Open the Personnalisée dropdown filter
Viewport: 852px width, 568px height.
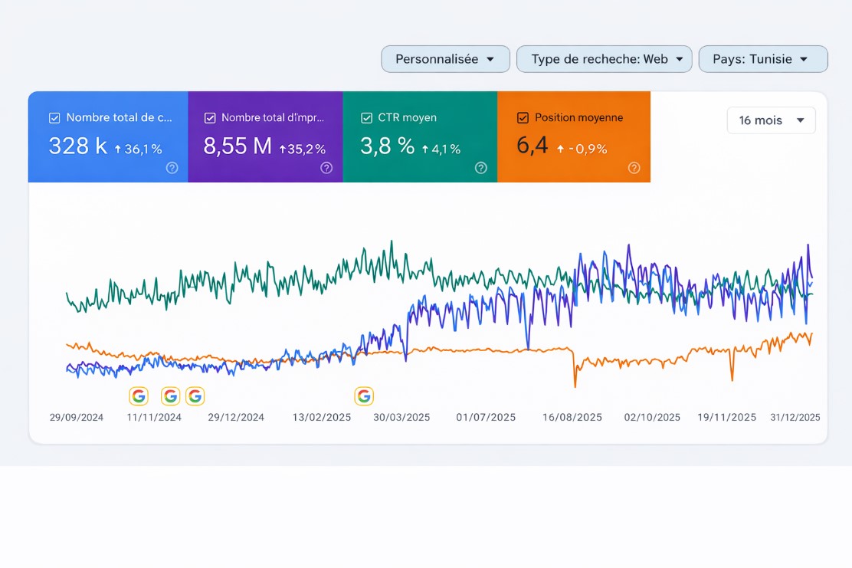pyautogui.click(x=445, y=59)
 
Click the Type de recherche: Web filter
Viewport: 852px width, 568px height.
pyautogui.click(x=604, y=59)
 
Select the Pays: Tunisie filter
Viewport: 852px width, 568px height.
pyautogui.click(x=762, y=59)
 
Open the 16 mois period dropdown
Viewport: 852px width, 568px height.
pyautogui.click(x=771, y=120)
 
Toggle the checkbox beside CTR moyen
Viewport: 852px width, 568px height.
pyautogui.click(x=366, y=118)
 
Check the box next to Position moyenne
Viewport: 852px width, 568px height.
pyautogui.click(x=523, y=118)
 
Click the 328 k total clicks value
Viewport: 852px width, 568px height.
pyautogui.click(x=77, y=146)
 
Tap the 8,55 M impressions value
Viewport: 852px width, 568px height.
pyautogui.click(x=238, y=146)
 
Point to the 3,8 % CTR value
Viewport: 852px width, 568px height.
pyautogui.click(x=387, y=146)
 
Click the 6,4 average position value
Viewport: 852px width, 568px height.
pyautogui.click(x=532, y=146)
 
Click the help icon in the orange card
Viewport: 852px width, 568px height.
pyautogui.click(x=634, y=168)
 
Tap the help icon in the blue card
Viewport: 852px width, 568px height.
pyautogui.click(x=172, y=168)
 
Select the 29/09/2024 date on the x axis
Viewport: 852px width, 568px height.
pyautogui.click(x=77, y=418)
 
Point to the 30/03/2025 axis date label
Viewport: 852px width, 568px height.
pyautogui.click(x=401, y=418)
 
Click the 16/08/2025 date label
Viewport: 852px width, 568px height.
pyautogui.click(x=572, y=418)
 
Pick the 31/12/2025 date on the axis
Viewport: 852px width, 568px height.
pyautogui.click(x=795, y=418)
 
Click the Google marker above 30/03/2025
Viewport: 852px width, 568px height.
pyautogui.click(x=364, y=396)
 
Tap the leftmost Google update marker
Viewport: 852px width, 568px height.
pyautogui.click(x=138, y=396)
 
